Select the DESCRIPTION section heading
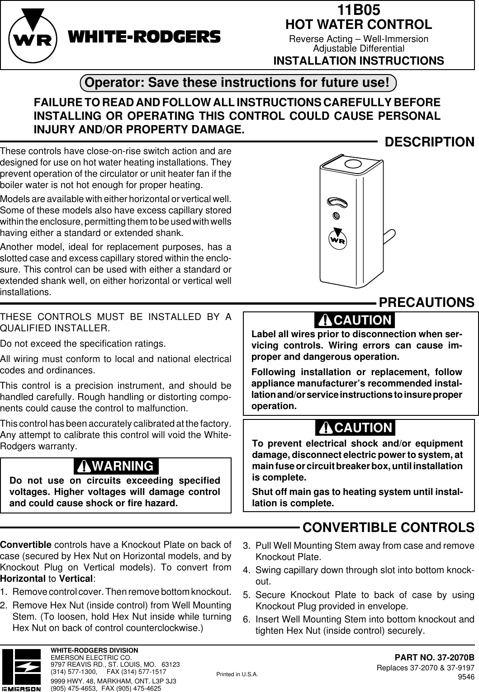tap(429, 142)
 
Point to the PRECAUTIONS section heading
tap(426, 301)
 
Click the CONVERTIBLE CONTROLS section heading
tap(388, 527)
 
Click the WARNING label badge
tap(116, 466)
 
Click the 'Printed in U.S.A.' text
tap(237, 674)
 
